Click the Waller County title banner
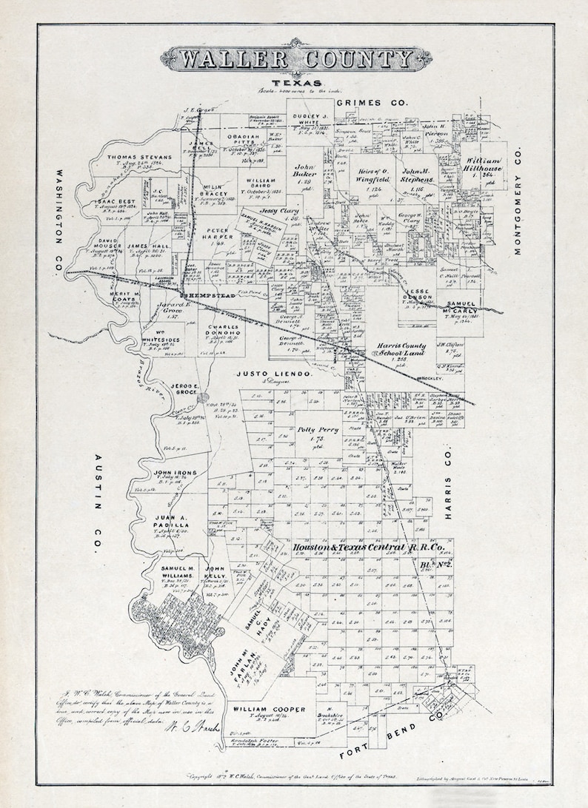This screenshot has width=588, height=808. click(296, 59)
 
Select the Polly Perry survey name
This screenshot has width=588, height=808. click(318, 429)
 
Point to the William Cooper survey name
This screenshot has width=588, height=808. click(265, 710)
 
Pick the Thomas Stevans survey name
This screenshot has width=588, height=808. click(138, 158)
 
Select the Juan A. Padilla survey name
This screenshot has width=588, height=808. click(175, 522)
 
